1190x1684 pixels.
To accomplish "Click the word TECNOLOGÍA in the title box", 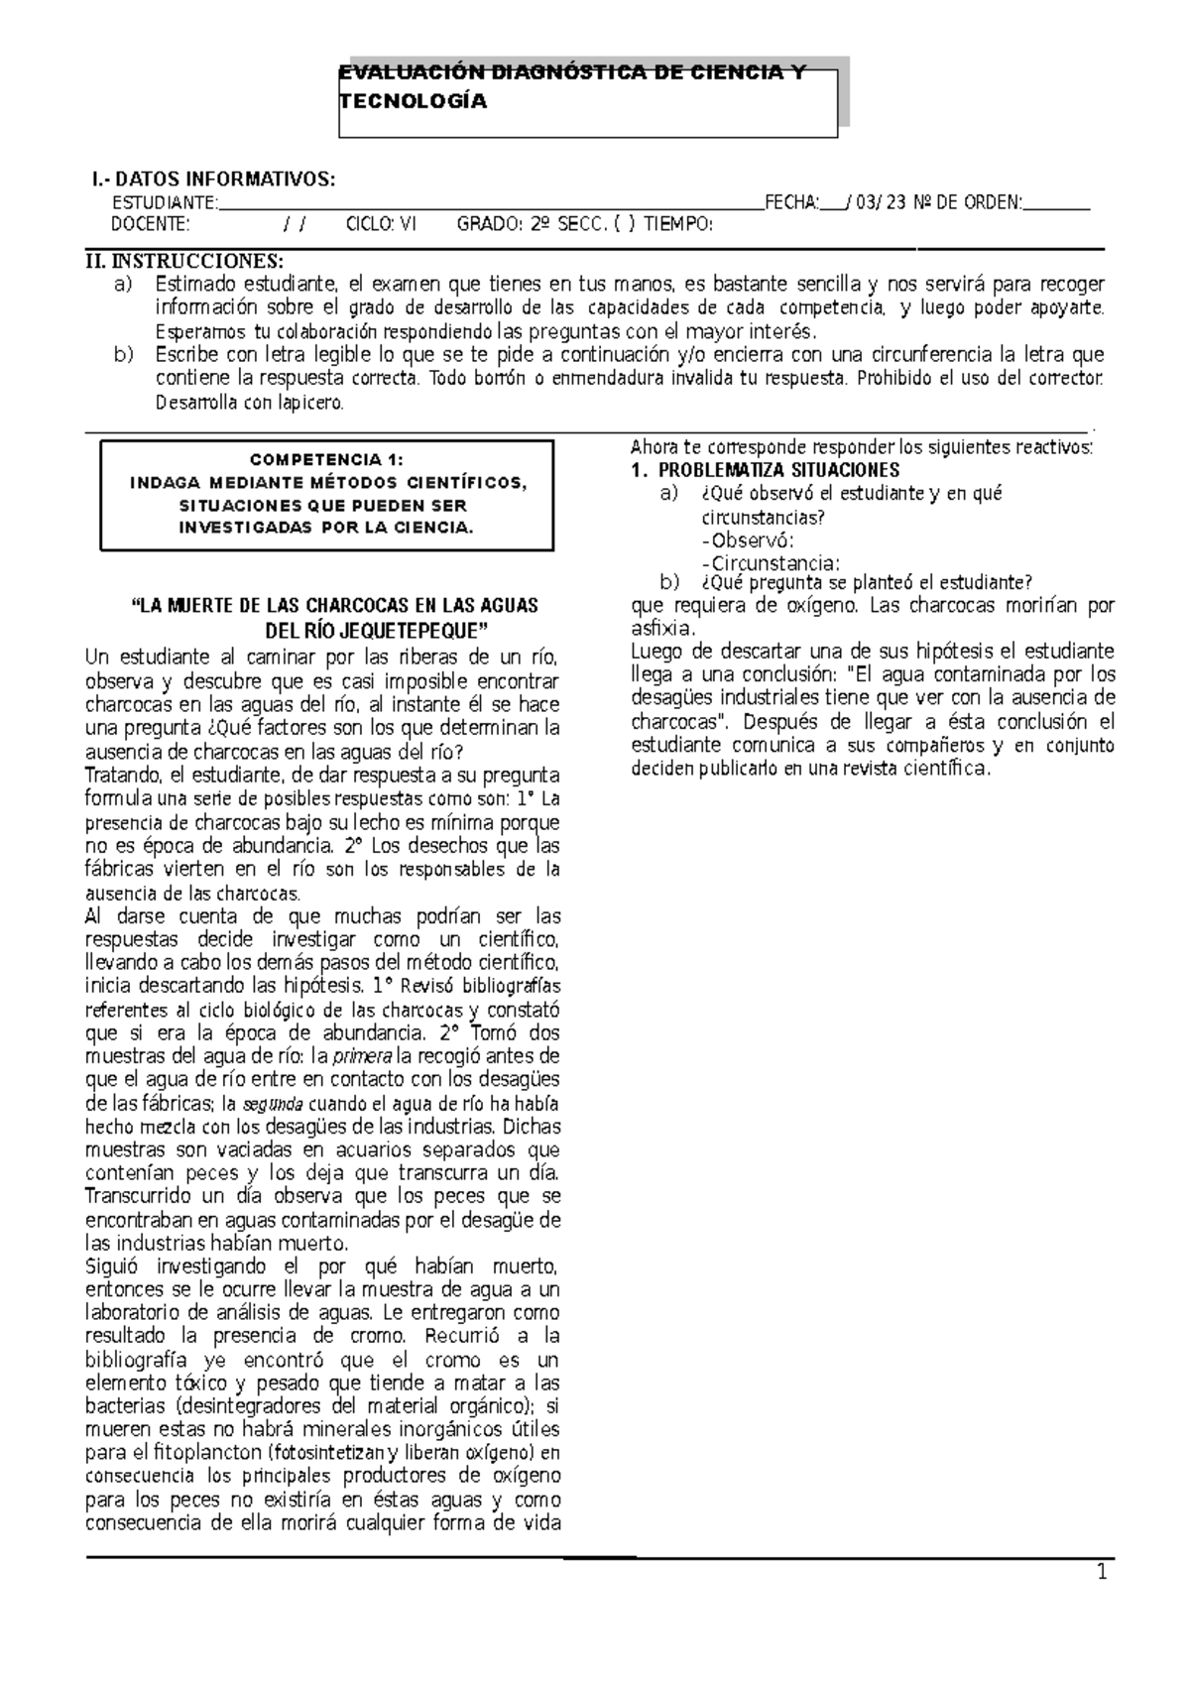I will (414, 102).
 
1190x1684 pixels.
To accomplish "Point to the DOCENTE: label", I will (149, 225).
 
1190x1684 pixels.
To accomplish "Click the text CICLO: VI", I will (382, 225).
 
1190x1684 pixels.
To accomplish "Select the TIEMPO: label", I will (678, 225).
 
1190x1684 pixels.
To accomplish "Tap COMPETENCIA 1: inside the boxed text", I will (327, 459).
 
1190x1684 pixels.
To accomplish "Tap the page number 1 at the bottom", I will (1101, 1601).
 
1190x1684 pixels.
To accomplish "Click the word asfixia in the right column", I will (662, 629).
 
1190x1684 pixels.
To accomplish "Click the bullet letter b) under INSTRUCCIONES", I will (123, 354).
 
